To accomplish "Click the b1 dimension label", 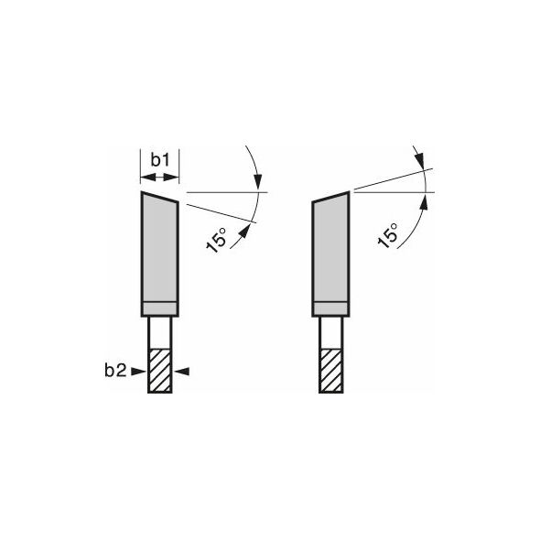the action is click(x=160, y=160).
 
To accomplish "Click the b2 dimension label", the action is click(x=115, y=371).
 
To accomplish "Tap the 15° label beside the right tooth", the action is click(x=388, y=235).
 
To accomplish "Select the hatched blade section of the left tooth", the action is click(x=159, y=372).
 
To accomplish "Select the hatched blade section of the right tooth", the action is click(x=331, y=371).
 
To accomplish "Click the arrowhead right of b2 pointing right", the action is click(x=139, y=372).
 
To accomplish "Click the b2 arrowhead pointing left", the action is click(x=182, y=372).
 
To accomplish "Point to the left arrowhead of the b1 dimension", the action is click(x=147, y=178).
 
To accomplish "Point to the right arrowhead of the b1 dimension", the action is click(x=172, y=178).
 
